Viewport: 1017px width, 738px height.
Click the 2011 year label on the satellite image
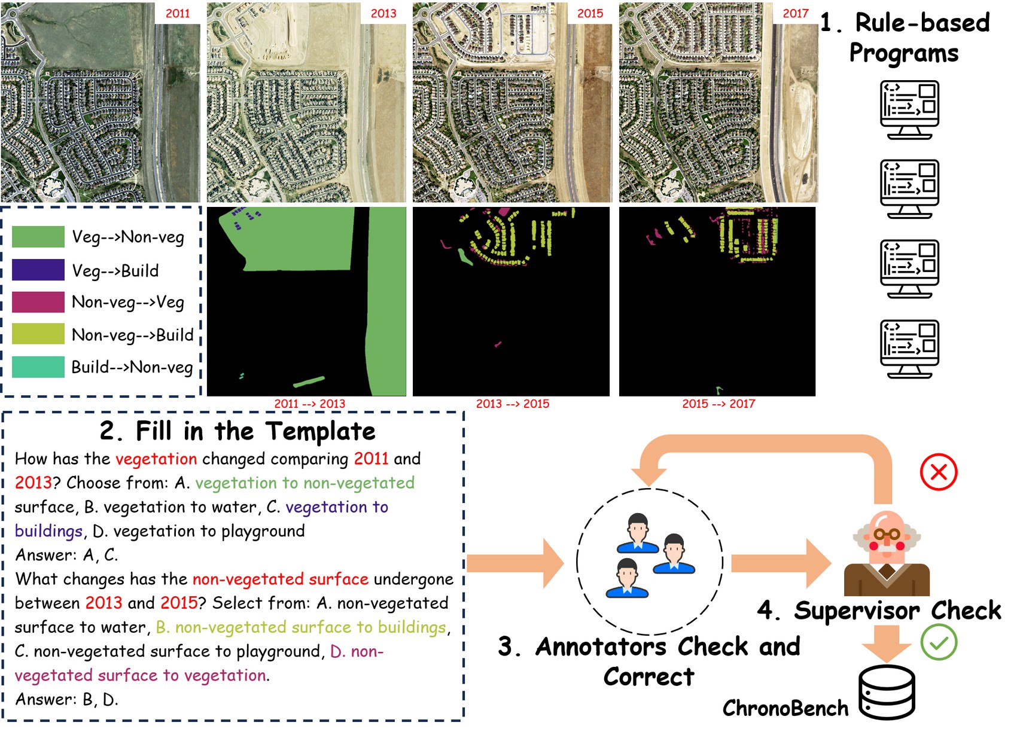(178, 13)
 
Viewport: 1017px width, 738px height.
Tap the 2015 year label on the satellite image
(590, 13)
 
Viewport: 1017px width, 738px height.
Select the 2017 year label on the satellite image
(796, 13)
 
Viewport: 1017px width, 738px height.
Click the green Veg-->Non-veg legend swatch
(38, 236)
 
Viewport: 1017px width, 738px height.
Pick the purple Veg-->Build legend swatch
(38, 270)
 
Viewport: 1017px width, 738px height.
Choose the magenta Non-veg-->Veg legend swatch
(38, 302)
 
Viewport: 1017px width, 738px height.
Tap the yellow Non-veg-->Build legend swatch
(38, 334)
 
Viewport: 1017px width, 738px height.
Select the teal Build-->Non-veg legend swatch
(38, 367)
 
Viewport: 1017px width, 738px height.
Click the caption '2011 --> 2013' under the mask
(310, 404)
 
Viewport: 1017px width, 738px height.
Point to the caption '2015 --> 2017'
(718, 404)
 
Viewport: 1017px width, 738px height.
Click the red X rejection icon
(939, 472)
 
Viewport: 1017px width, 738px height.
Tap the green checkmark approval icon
(939, 642)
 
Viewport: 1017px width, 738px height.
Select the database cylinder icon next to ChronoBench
(887, 692)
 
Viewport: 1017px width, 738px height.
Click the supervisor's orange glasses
(887, 534)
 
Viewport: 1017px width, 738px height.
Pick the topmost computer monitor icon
(909, 110)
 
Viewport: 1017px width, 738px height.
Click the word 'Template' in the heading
(321, 431)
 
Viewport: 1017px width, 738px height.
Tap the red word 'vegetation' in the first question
(156, 459)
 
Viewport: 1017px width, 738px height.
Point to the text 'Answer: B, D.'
(67, 699)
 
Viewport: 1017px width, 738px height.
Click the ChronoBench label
(785, 708)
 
